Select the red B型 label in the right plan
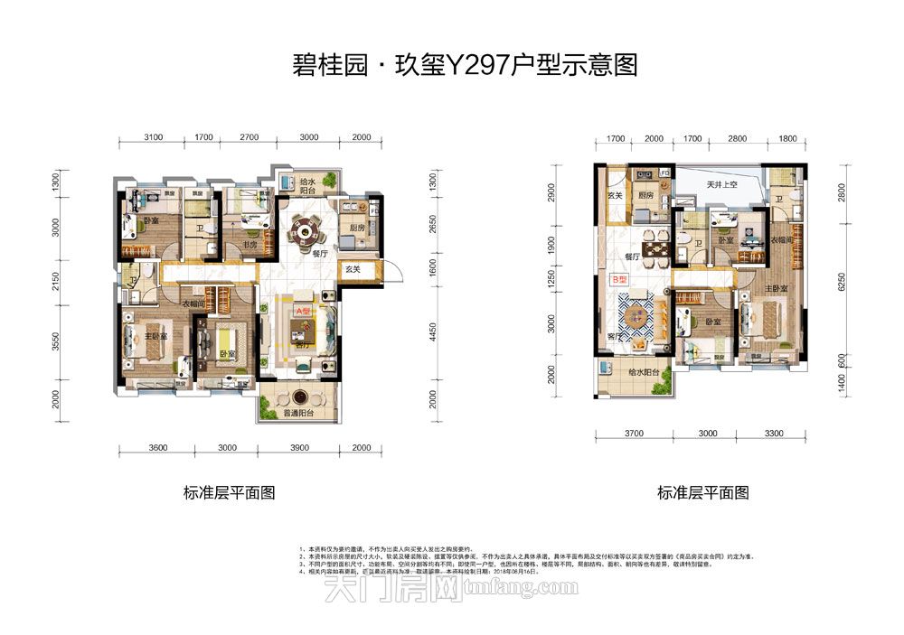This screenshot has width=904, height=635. point(620,280)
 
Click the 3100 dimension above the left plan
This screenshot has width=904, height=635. point(152,138)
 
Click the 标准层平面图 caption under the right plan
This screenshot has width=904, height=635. point(702,493)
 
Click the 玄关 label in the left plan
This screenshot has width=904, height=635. point(352,268)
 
